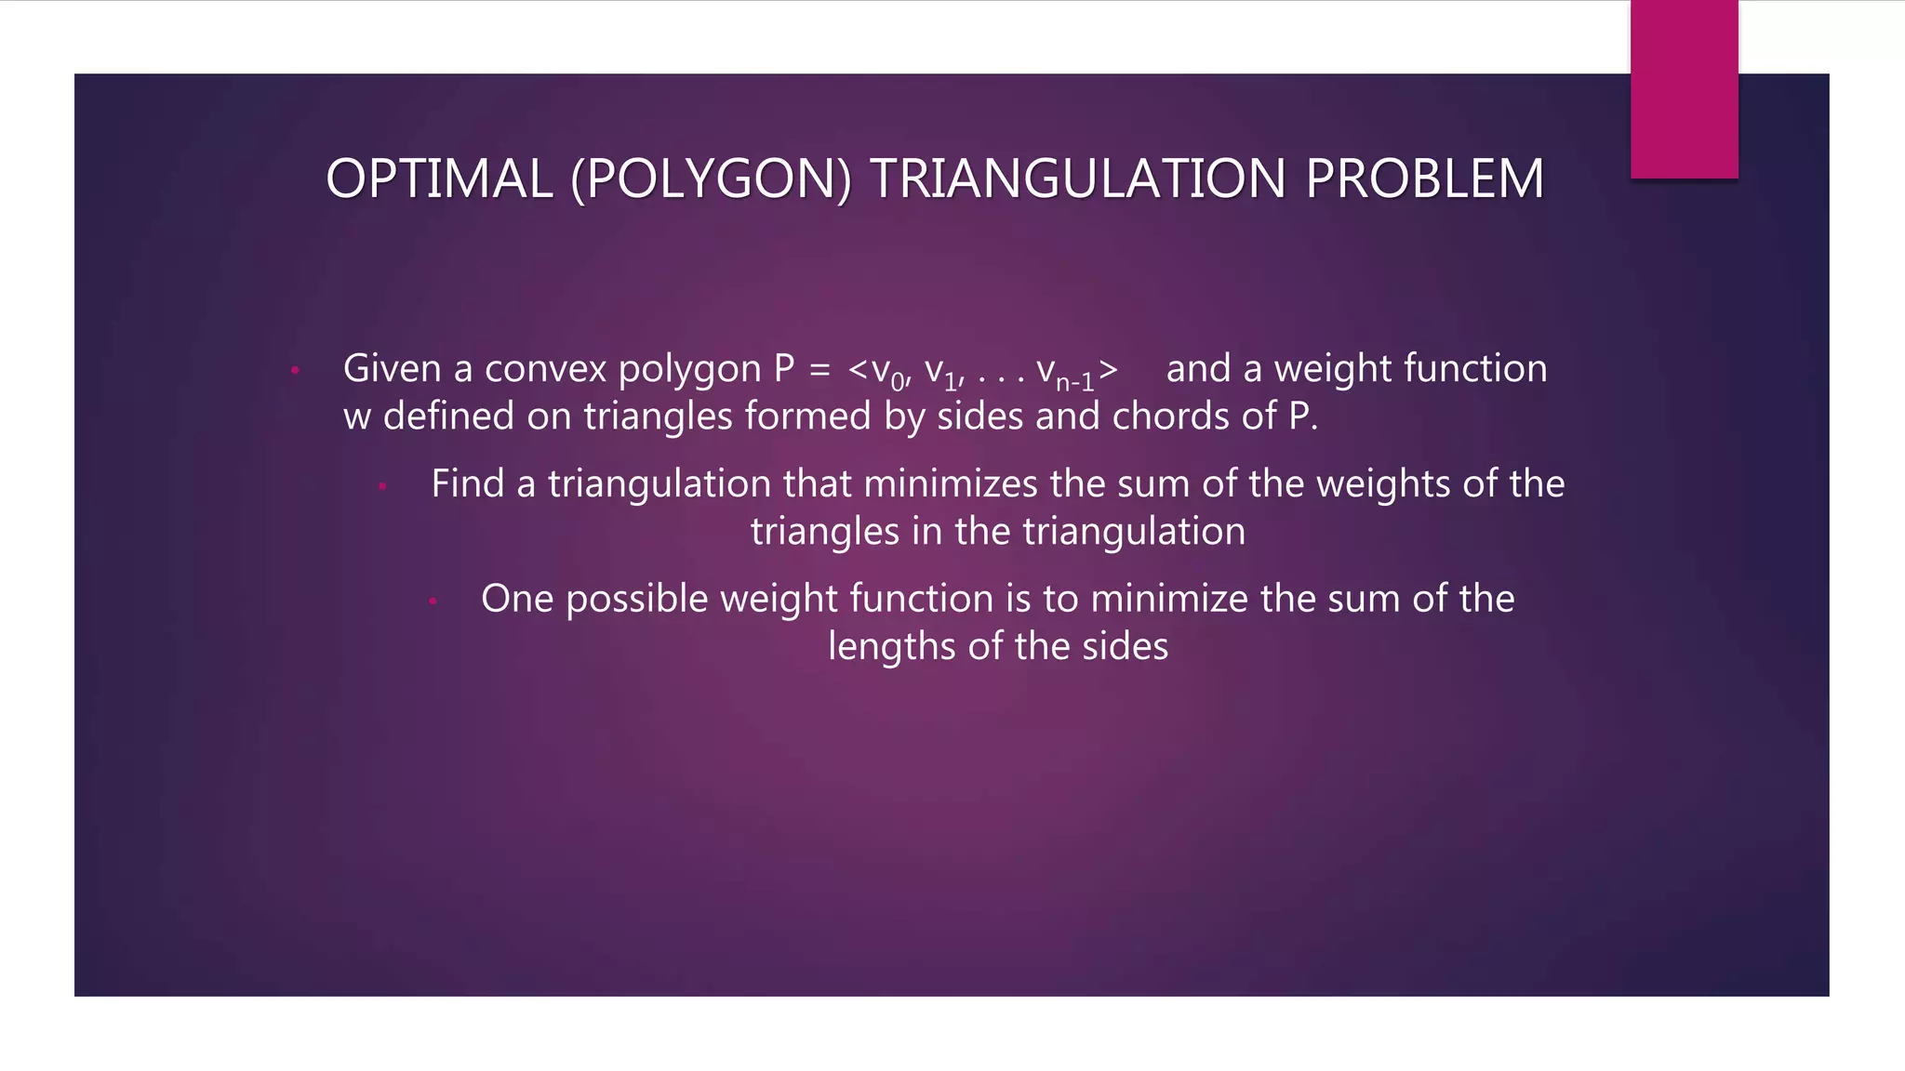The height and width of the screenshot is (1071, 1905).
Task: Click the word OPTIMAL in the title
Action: pos(439,178)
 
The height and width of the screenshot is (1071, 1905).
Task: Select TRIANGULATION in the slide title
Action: pos(1078,178)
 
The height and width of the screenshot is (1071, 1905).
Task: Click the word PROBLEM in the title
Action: pos(1424,178)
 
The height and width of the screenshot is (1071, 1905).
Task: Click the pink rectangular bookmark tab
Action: pos(1684,89)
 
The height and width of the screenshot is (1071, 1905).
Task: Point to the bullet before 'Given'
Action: pos(295,371)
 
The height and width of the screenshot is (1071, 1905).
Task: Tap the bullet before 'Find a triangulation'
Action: pos(382,485)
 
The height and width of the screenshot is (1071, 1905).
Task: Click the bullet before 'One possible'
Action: pos(433,601)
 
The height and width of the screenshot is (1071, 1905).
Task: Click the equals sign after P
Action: pos(819,370)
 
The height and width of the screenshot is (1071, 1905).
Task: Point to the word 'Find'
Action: pos(467,484)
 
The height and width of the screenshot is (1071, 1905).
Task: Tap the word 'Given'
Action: pos(392,369)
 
